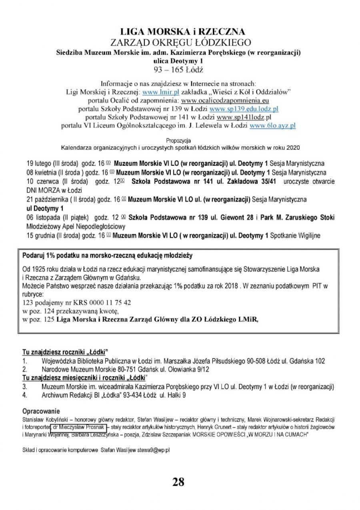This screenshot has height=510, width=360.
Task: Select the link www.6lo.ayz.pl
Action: tap(272, 125)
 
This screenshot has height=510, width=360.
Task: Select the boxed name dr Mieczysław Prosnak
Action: tap(78, 428)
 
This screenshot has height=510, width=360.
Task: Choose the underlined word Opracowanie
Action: tap(41, 412)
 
